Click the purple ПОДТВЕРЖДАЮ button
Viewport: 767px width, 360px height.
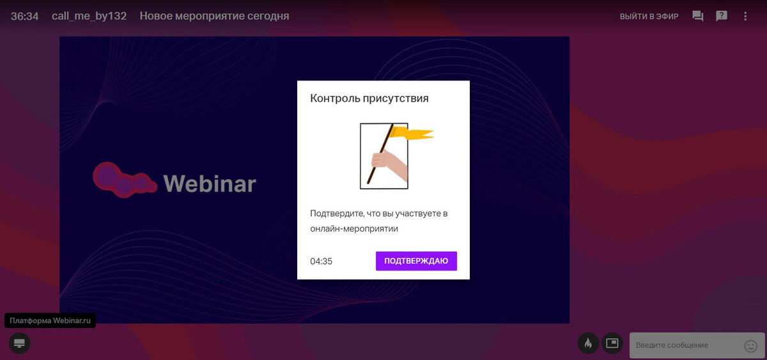(x=416, y=261)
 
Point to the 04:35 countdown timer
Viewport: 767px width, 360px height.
(x=321, y=262)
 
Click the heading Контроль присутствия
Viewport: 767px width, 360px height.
(x=369, y=98)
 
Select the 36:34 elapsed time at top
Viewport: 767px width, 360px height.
(x=25, y=16)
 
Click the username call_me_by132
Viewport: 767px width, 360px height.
(x=89, y=16)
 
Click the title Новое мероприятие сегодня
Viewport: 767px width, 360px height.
(x=214, y=16)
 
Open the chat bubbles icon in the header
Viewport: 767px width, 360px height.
(x=697, y=16)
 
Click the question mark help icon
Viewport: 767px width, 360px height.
(x=722, y=16)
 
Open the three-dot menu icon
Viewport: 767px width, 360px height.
(x=745, y=16)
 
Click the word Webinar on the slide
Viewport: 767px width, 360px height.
(x=210, y=184)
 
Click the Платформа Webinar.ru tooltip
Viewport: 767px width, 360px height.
(x=50, y=320)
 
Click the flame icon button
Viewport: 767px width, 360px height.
(x=588, y=343)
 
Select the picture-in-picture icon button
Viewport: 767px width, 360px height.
(x=612, y=343)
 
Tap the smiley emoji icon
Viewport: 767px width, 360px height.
(x=750, y=346)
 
